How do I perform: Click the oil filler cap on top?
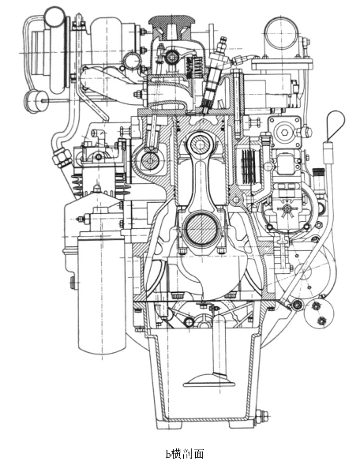coord(172,21)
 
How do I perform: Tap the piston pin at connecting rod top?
coord(200,144)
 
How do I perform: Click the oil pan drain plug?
coord(261,416)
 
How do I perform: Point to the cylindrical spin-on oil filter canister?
coord(101,294)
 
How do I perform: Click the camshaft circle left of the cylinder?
coord(149,161)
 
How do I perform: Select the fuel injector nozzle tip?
coord(204,109)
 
